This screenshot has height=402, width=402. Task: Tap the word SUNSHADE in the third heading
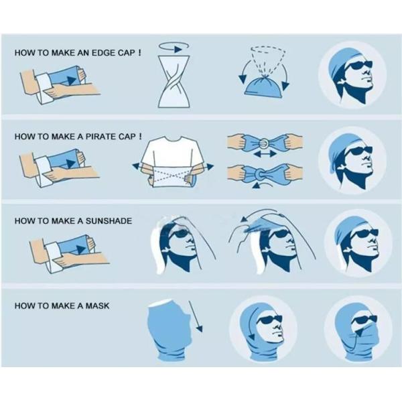(x=109, y=220)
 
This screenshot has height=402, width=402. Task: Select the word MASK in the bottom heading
(x=97, y=306)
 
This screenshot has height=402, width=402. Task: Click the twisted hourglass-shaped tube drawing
(x=174, y=82)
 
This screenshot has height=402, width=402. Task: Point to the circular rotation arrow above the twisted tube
(x=174, y=47)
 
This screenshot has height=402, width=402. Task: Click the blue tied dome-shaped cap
(x=263, y=86)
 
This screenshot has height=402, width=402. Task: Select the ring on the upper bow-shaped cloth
(x=265, y=143)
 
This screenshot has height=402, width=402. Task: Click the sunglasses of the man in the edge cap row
(x=358, y=66)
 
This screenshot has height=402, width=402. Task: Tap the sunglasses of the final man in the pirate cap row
(x=358, y=151)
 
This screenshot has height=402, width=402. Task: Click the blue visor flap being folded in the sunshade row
(x=258, y=226)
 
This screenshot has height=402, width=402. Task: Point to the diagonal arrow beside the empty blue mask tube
(x=196, y=316)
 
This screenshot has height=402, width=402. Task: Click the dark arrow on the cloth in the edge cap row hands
(x=69, y=80)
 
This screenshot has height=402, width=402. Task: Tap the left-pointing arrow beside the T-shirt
(x=137, y=166)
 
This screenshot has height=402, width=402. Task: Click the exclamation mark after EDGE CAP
(x=139, y=52)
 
